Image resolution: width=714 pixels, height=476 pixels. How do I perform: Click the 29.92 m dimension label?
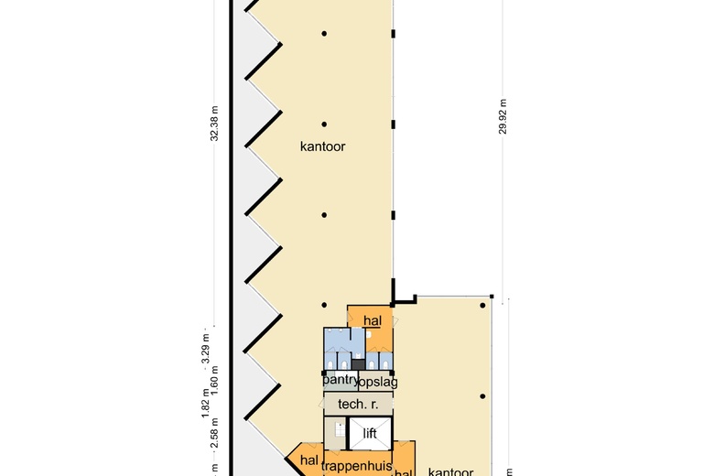point(503,117)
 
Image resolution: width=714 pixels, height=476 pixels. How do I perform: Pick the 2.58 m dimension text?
point(215,443)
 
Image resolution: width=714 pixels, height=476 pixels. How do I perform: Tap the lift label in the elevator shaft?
point(370,433)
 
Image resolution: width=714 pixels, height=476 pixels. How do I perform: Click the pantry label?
point(339,380)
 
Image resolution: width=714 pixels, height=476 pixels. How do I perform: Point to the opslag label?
point(378,382)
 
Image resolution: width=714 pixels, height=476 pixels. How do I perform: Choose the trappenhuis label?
point(356,466)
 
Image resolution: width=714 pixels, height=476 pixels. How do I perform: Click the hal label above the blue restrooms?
point(372,320)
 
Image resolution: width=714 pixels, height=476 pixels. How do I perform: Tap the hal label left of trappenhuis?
point(308,460)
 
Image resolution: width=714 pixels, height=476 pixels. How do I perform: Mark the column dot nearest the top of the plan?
point(324,34)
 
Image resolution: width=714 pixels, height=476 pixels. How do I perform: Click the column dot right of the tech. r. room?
point(481,396)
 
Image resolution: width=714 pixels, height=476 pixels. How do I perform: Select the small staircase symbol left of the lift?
point(339,430)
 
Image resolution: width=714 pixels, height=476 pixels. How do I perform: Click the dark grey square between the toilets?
point(358,363)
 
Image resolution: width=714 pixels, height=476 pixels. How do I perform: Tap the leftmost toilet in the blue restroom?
point(330,364)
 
